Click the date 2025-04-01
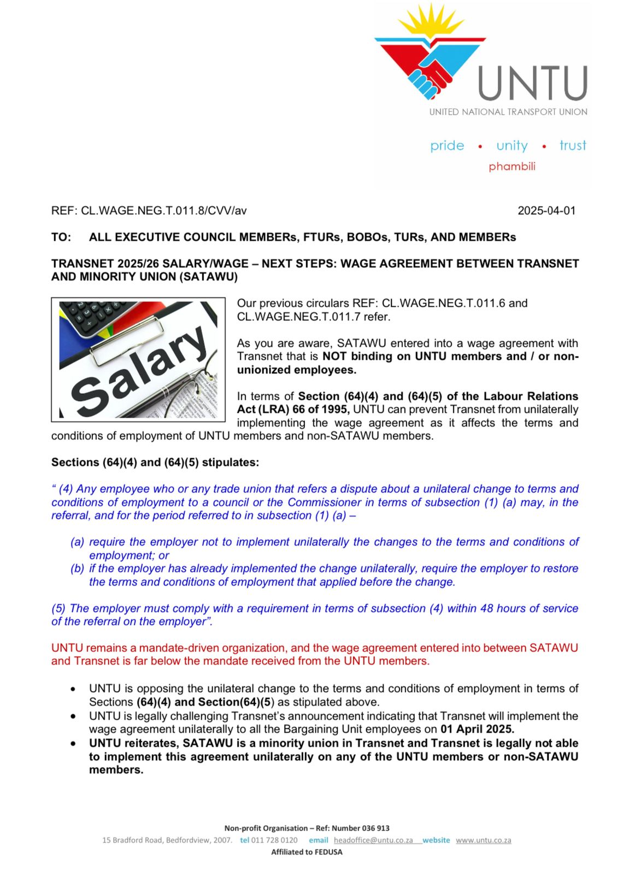547,211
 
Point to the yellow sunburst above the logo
431,22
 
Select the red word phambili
512,166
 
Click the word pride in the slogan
447,145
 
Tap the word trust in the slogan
573,145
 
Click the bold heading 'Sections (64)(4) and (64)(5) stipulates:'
155,462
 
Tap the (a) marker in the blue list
77,542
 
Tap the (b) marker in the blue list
77,569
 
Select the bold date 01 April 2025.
477,729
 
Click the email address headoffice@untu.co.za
373,840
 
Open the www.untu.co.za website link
484,840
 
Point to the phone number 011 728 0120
274,840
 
